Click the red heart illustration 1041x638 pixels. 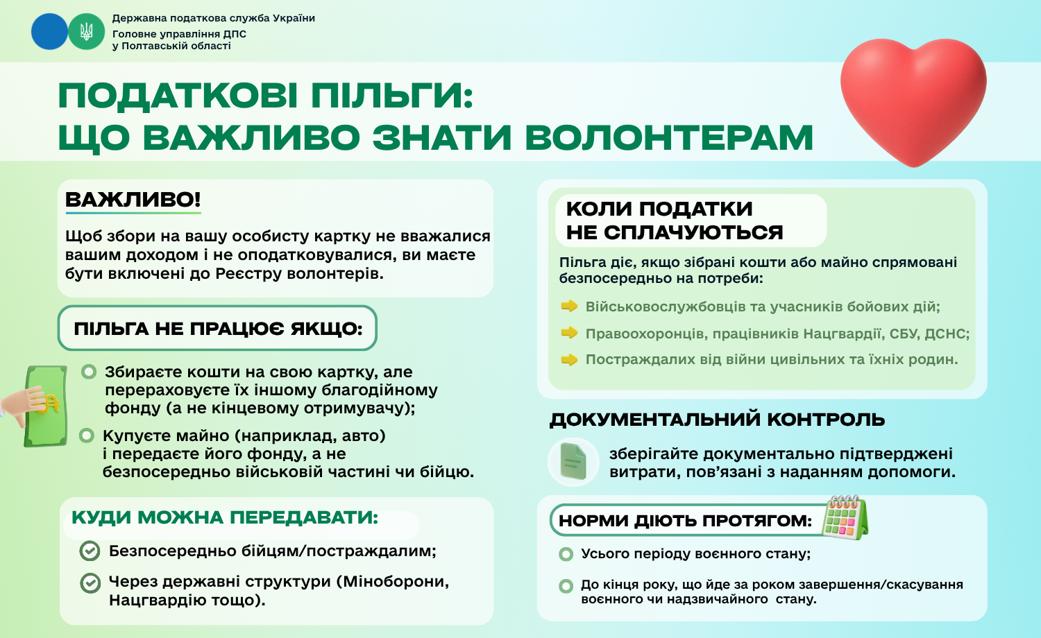click(x=913, y=100)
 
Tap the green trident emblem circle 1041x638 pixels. click(x=87, y=32)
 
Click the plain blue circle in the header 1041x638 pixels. click(x=50, y=32)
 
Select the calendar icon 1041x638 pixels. click(x=845, y=517)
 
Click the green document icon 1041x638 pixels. click(x=573, y=461)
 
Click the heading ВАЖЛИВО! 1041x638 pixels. click(x=133, y=200)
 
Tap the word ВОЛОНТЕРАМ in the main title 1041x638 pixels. click(x=669, y=137)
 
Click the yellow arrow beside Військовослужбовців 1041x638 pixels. click(x=569, y=306)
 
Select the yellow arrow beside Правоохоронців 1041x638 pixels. click(x=569, y=332)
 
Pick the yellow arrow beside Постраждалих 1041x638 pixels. click(x=569, y=359)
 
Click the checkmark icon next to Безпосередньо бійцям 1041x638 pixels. click(x=90, y=551)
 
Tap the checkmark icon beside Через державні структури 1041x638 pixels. click(x=90, y=583)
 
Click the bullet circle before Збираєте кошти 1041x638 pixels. click(x=89, y=372)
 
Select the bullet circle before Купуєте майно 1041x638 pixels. click(x=87, y=436)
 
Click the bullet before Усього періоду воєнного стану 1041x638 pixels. click(x=566, y=554)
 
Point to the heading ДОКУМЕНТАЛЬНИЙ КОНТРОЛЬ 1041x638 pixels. click(x=717, y=420)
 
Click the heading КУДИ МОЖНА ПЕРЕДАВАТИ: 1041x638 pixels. click(x=225, y=517)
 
